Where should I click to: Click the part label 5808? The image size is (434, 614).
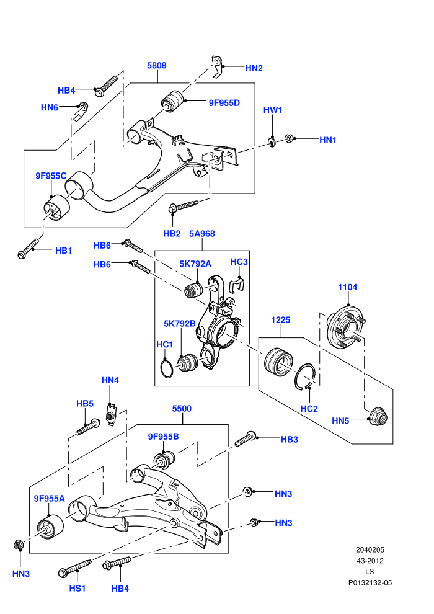[156, 65]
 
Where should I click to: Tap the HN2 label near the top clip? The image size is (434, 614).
[254, 68]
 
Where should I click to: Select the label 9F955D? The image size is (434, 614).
[224, 103]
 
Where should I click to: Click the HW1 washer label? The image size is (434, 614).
[272, 110]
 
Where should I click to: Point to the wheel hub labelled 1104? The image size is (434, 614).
[346, 327]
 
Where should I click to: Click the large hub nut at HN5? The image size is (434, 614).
[379, 416]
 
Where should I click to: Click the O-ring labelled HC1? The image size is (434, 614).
[167, 368]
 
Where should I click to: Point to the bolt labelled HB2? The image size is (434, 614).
[183, 206]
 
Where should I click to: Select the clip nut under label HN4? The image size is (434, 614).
[111, 414]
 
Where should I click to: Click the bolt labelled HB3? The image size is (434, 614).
[246, 438]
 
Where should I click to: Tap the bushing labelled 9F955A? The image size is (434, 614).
[50, 527]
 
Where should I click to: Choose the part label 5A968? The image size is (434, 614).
[202, 234]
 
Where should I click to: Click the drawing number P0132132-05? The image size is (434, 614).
[370, 582]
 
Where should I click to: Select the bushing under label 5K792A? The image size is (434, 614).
[193, 290]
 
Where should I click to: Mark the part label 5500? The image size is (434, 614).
[182, 409]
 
